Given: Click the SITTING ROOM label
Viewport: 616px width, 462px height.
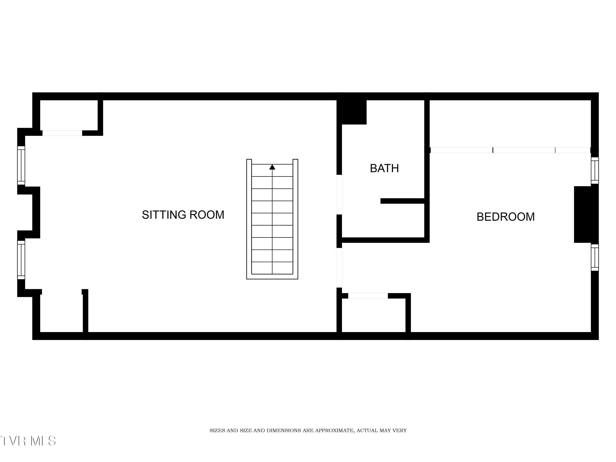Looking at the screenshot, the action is click(183, 215).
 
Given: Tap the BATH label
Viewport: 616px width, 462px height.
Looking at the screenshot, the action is click(384, 168).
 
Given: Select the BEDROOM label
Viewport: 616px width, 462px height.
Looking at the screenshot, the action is click(506, 217).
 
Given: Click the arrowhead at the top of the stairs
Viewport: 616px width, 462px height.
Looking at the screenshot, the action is click(272, 167).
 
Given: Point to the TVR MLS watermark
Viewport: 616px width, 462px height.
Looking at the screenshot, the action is click(28, 441).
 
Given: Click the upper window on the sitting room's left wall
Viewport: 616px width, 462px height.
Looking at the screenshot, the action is click(21, 165).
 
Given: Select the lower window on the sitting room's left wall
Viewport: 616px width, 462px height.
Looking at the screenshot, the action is click(21, 260).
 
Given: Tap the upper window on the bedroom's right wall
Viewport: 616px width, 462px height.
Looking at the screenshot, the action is click(595, 170).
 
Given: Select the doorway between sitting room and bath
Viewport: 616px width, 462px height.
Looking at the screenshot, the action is click(339, 195).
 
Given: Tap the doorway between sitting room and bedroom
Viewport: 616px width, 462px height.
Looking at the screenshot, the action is click(339, 268).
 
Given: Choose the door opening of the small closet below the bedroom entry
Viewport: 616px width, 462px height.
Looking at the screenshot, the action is click(368, 296).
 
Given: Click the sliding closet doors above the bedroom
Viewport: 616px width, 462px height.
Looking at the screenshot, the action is click(510, 150).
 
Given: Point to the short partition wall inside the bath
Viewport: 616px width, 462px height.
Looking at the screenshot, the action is click(402, 201).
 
